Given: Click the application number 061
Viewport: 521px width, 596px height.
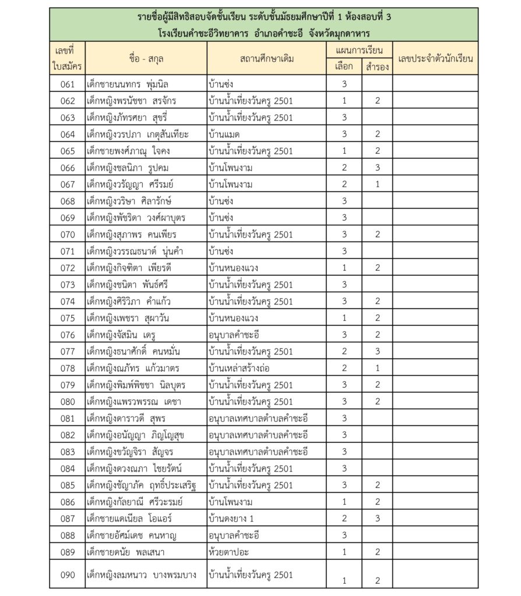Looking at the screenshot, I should [x=68, y=84].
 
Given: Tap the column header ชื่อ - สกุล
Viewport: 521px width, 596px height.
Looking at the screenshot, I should [x=146, y=58].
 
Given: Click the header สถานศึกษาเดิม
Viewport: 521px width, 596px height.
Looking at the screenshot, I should [x=267, y=58].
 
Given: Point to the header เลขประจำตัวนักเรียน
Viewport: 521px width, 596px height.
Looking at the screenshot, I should [x=435, y=58].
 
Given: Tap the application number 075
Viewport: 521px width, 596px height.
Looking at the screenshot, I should [x=68, y=318].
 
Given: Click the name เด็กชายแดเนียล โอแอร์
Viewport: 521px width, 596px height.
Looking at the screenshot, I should [x=129, y=518].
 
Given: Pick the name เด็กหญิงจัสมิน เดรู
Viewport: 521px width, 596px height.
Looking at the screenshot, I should [x=123, y=335].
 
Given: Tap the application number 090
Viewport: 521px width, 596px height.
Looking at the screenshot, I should [x=68, y=575].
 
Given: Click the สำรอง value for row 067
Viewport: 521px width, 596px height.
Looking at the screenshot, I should [x=377, y=185].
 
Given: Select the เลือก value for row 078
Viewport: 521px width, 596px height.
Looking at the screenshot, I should [x=344, y=368].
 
